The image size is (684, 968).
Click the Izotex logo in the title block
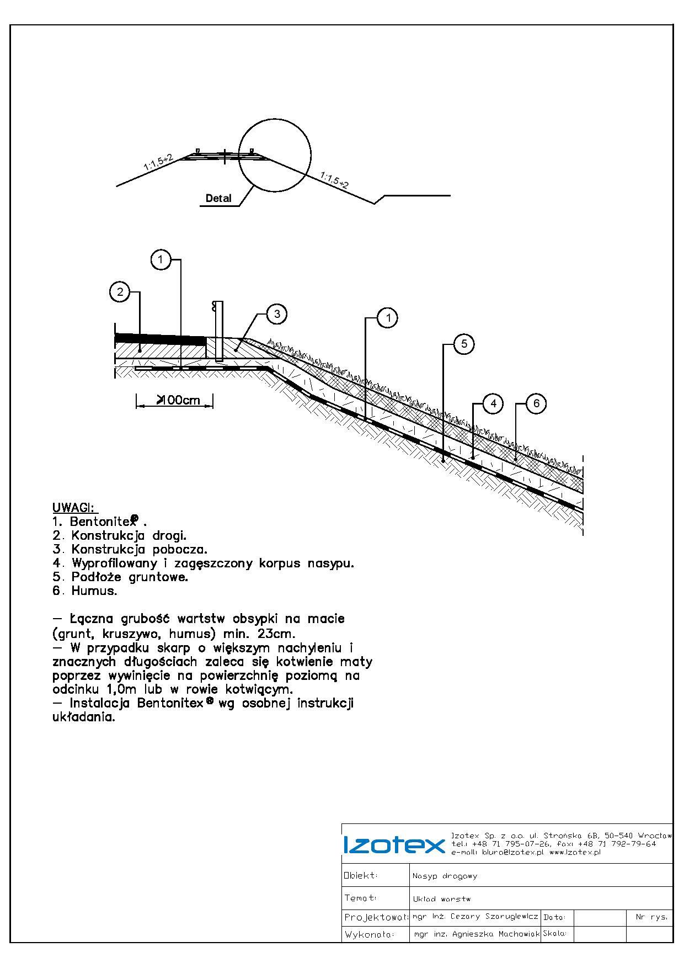pyautogui.click(x=393, y=845)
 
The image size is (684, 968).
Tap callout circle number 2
pyautogui.click(x=120, y=291)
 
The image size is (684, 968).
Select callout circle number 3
pyautogui.click(x=276, y=314)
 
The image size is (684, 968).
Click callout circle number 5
pyautogui.click(x=463, y=344)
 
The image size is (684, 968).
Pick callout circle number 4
pyautogui.click(x=493, y=403)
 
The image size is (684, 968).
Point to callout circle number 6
pyautogui.click(x=536, y=403)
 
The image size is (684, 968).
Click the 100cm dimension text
pyautogui.click(x=178, y=400)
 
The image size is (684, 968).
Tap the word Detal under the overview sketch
pyautogui.click(x=218, y=199)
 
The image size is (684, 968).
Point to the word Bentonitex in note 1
pyautogui.click(x=102, y=522)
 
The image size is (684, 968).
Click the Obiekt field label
pyautogui.click(x=361, y=875)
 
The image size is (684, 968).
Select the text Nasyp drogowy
pyautogui.click(x=445, y=876)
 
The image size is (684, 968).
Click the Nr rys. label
pyautogui.click(x=651, y=917)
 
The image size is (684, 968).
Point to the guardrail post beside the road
pyautogui.click(x=218, y=331)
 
